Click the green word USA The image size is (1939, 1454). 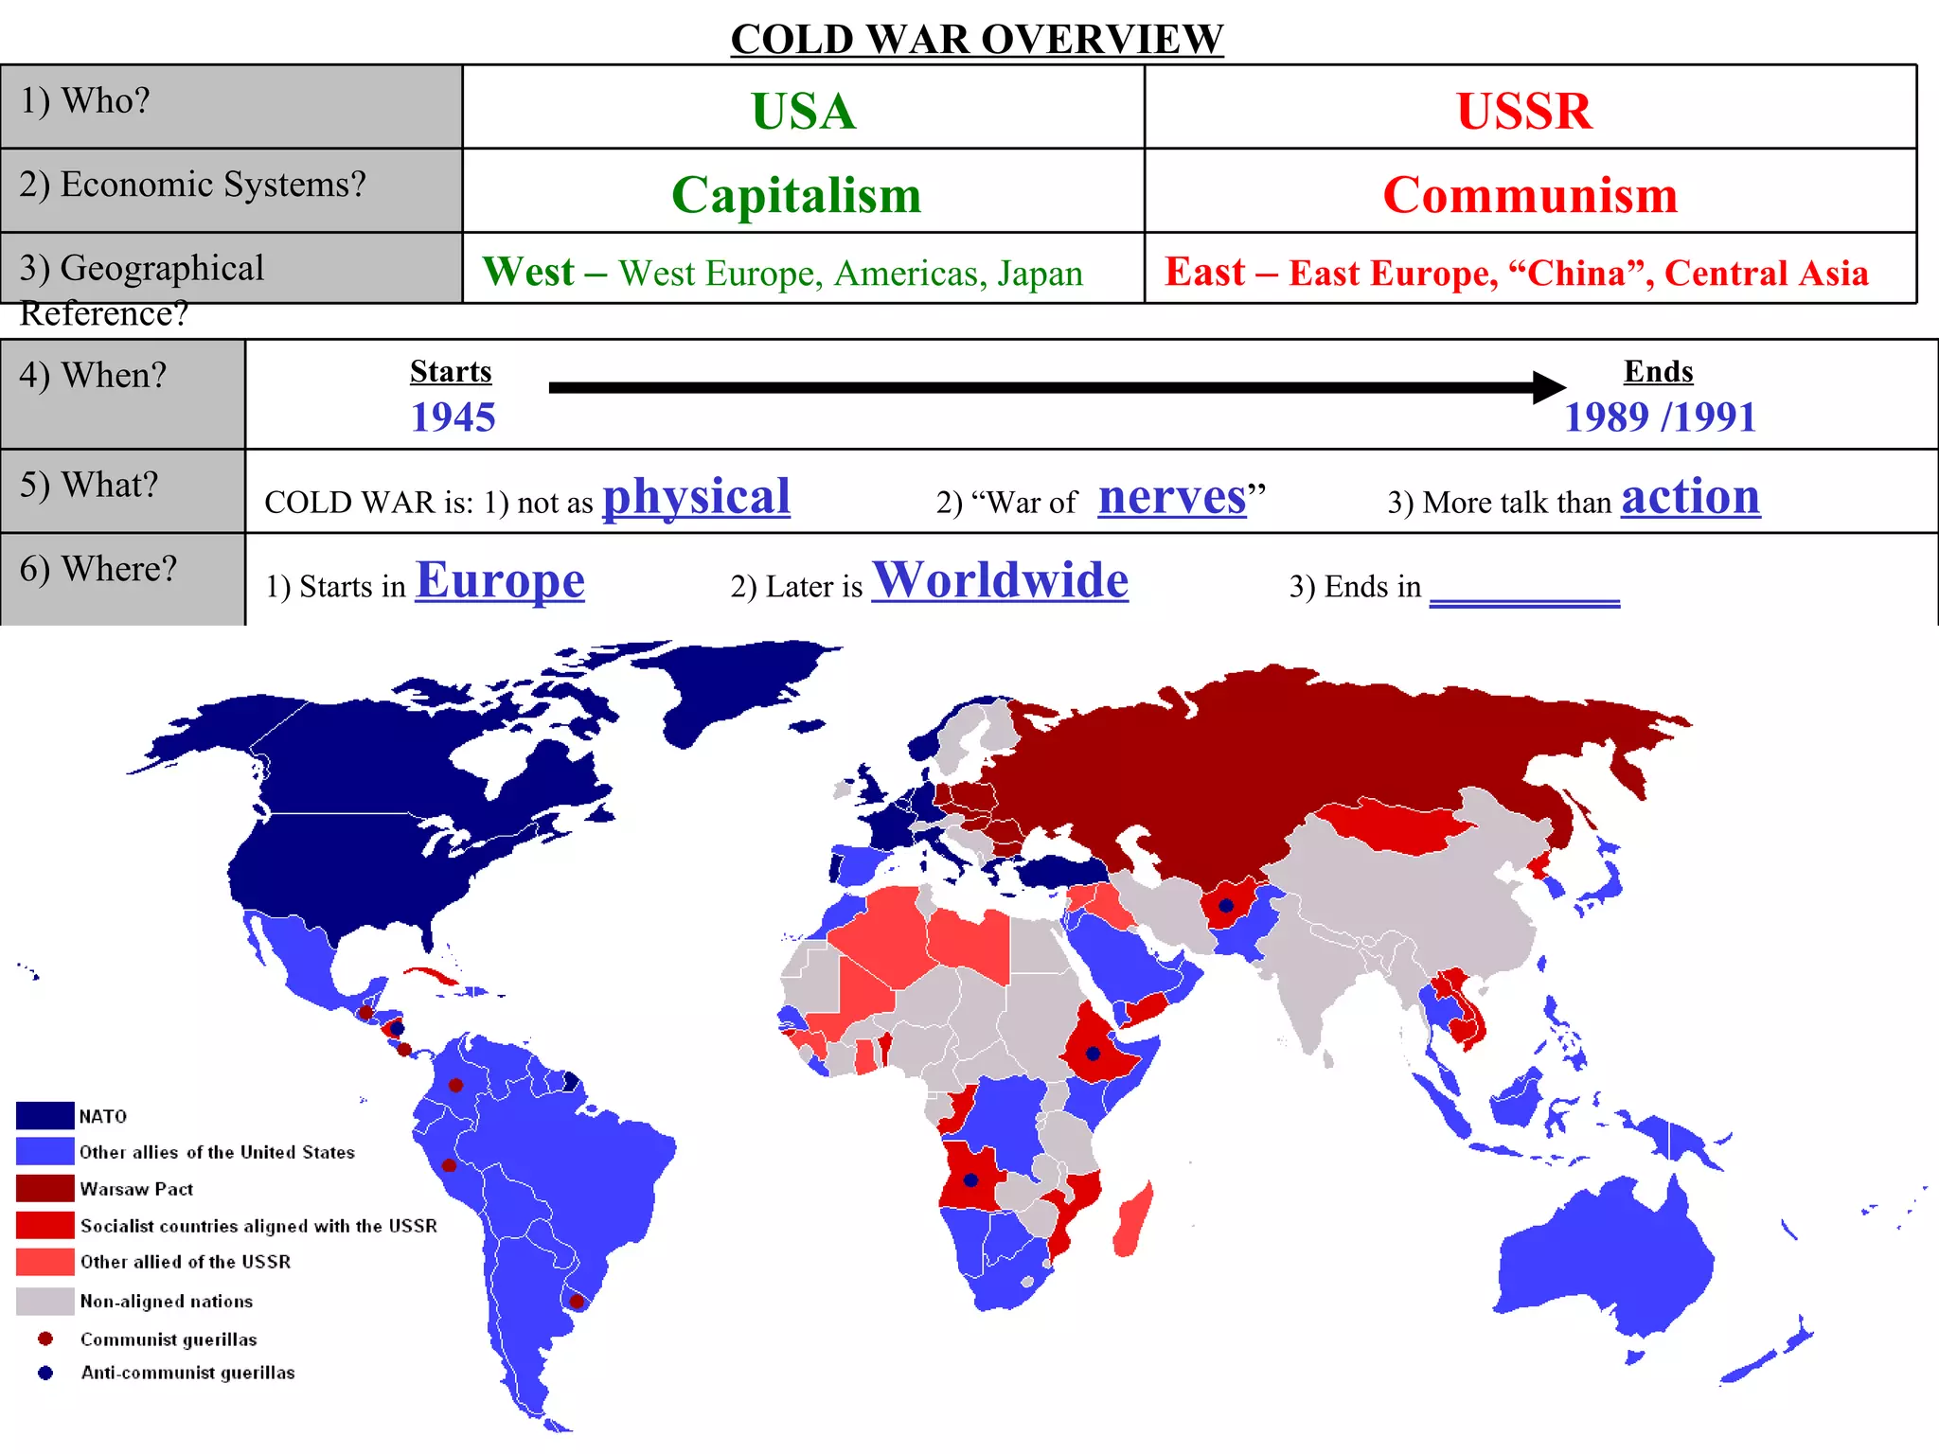[x=803, y=111]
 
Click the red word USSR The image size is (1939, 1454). [x=1524, y=111]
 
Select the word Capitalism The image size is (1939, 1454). [x=796, y=195]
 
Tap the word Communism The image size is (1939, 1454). [x=1530, y=195]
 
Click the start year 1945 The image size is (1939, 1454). [x=453, y=417]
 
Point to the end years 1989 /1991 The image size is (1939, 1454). [x=1660, y=417]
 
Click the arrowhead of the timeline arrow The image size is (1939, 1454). [x=1549, y=387]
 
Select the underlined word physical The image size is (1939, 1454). [x=696, y=496]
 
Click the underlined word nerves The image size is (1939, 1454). [x=1172, y=496]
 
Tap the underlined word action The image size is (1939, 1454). [x=1690, y=496]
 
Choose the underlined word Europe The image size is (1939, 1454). [x=500, y=579]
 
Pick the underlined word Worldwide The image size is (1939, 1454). [x=1000, y=579]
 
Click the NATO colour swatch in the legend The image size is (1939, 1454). [x=44, y=1115]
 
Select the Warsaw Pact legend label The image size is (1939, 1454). [x=136, y=1189]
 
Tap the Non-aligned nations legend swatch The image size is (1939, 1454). [x=44, y=1301]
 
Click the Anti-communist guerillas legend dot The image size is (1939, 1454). [x=44, y=1373]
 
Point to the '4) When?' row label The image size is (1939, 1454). [x=93, y=376]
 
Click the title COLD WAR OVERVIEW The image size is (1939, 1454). [x=977, y=39]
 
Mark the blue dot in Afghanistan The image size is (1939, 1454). [x=1226, y=906]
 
